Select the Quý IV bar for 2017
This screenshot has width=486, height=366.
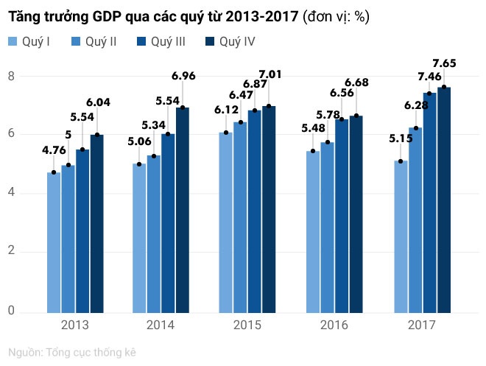pyautogui.click(x=444, y=199)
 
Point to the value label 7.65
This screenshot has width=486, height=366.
pyautogui.click(x=444, y=63)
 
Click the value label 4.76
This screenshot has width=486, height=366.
pyautogui.click(x=54, y=149)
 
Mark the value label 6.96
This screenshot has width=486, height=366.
pyautogui.click(x=183, y=75)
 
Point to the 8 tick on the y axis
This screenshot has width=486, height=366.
pyautogui.click(x=11, y=76)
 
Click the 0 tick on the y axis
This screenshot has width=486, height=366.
pyautogui.click(x=11, y=311)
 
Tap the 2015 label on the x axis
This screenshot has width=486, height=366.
pyautogui.click(x=248, y=325)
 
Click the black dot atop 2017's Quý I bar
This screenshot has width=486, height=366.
pyautogui.click(x=401, y=161)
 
